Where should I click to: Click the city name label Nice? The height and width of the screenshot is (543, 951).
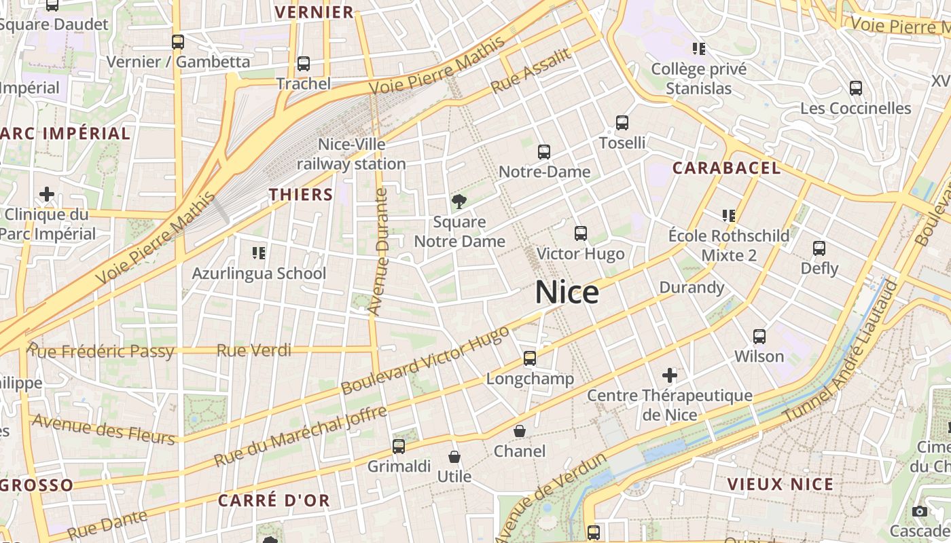[x=567, y=293]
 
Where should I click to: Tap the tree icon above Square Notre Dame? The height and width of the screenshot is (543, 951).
[x=459, y=201]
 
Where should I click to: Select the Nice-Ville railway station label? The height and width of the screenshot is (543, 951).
[x=351, y=154]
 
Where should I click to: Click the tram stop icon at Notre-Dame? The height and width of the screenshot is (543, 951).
[x=544, y=152]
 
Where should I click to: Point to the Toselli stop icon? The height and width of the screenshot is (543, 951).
[x=622, y=123]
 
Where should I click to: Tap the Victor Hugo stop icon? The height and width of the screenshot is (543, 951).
[x=581, y=233]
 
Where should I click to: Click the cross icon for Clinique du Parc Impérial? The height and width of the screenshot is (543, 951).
[x=47, y=195]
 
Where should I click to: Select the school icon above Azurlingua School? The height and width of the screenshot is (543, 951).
[x=259, y=253]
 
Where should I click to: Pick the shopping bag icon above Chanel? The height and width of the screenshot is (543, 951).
[x=520, y=431]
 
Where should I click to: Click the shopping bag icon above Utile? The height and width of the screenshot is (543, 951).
[x=454, y=457]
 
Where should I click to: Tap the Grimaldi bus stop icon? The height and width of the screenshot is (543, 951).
[x=399, y=447]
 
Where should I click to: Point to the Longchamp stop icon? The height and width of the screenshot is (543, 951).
[x=530, y=358]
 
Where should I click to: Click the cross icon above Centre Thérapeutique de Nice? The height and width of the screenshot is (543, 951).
[x=670, y=375]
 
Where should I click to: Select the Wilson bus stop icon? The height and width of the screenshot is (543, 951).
[x=759, y=336]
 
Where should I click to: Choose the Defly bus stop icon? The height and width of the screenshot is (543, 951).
[x=819, y=248]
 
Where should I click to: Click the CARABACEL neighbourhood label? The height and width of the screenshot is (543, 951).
[x=726, y=168]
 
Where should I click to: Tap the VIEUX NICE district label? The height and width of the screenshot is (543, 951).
[x=780, y=484]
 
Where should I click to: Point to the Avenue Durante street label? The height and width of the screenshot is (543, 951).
[x=378, y=252]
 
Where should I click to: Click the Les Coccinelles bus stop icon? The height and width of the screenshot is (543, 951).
[x=856, y=88]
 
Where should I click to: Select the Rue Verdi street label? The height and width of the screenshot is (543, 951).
[x=254, y=350]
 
